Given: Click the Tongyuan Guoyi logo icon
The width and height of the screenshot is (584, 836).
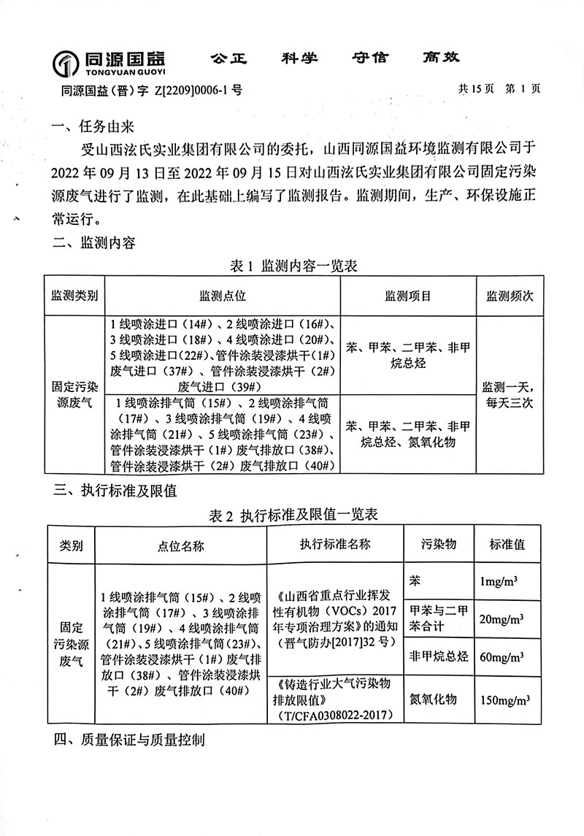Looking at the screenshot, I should pos(66,64).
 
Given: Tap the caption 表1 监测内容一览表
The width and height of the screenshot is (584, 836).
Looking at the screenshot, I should pos(293,267).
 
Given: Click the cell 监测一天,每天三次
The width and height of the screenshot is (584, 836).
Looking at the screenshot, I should pos(510,394).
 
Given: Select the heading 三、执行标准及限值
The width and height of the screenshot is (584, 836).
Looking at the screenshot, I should pos(115,491).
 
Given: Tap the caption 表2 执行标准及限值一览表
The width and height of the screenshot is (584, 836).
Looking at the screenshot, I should pos(293,515).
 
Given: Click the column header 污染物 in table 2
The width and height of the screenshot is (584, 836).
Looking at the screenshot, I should pos(439,545).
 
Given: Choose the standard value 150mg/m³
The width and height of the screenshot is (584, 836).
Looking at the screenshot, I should pos(504,699).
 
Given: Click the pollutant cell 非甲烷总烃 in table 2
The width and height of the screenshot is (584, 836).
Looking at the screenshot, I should pos(439,657).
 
